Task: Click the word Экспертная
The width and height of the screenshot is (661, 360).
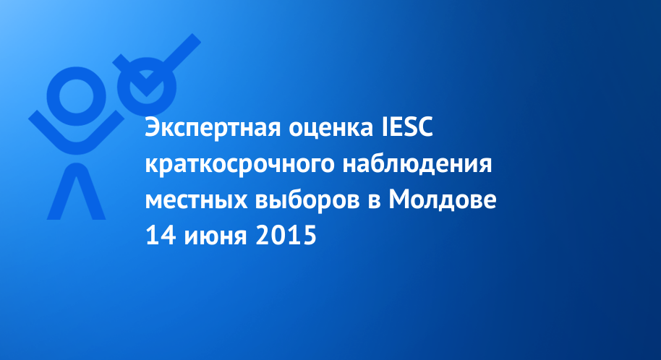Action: click(x=213, y=128)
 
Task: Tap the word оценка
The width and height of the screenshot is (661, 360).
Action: click(x=331, y=129)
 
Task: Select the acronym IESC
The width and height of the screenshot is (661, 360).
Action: click(x=408, y=127)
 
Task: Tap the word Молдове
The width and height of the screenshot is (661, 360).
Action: click(x=442, y=199)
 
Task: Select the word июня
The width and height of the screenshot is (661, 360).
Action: click(x=215, y=237)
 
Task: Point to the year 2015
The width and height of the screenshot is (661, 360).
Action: click(x=286, y=235)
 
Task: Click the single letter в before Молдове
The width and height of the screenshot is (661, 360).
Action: click(x=374, y=201)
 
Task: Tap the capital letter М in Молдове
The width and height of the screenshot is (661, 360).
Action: click(x=399, y=199)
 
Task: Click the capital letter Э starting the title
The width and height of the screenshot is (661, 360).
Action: click(x=152, y=127)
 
